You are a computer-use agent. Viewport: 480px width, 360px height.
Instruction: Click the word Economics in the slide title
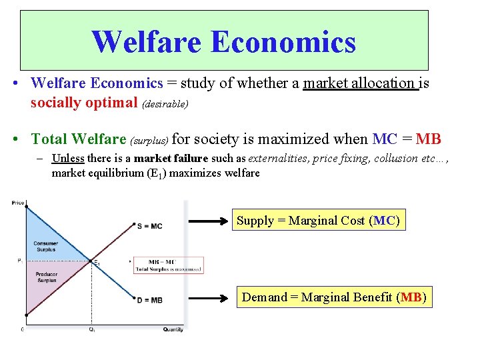pyautogui.click(x=283, y=41)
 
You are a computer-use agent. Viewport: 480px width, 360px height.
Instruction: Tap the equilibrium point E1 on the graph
pyautogui.click(x=92, y=261)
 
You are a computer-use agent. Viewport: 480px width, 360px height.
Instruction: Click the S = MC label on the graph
pyautogui.click(x=149, y=226)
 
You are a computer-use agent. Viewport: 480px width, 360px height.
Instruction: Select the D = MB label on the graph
pyautogui.click(x=149, y=300)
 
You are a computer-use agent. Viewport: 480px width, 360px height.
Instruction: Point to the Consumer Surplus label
pyautogui.click(x=46, y=246)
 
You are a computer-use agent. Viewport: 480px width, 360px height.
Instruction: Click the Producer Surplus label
pyautogui.click(x=46, y=277)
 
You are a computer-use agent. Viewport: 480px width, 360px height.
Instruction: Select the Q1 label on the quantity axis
pyautogui.click(x=91, y=329)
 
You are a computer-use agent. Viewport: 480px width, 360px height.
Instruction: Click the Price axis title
pyautogui.click(x=18, y=203)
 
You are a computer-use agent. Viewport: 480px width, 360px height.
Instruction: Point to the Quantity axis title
pyautogui.click(x=173, y=329)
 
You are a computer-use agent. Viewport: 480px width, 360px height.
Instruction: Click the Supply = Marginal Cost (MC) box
pyautogui.click(x=318, y=221)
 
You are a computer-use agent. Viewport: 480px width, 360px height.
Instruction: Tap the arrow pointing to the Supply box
pyautogui.click(x=208, y=221)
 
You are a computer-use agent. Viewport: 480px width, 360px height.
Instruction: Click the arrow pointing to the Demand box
pyautogui.click(x=208, y=297)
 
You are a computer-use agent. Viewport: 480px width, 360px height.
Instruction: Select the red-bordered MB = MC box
pyautogui.click(x=168, y=265)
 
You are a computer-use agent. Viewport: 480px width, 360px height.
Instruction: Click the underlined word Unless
pyautogui.click(x=67, y=159)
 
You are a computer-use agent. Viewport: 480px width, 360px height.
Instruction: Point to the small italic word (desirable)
pyautogui.click(x=164, y=105)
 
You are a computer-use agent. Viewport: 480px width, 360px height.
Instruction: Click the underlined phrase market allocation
pyautogui.click(x=359, y=83)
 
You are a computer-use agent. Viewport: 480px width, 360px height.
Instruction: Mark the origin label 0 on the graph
pyautogui.click(x=22, y=329)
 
